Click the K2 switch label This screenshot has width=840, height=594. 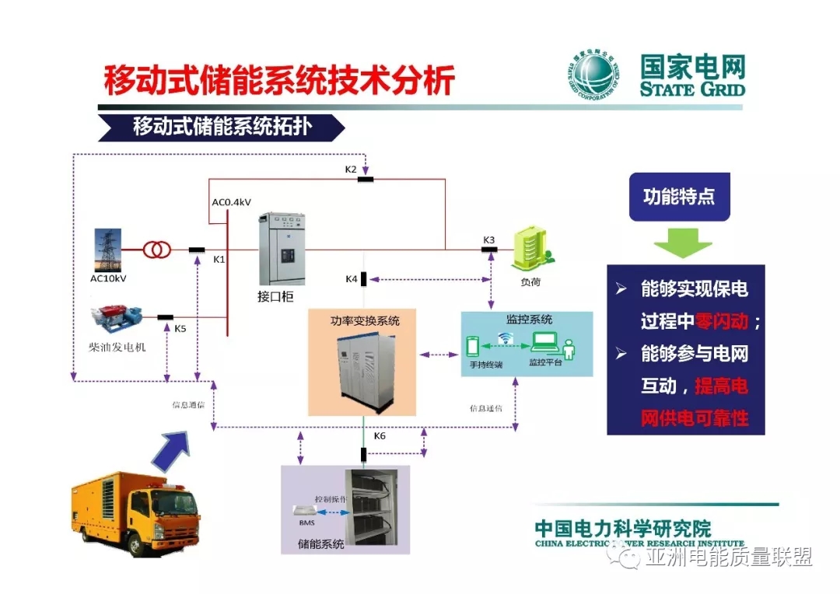(351, 169)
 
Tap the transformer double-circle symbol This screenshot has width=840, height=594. (157, 250)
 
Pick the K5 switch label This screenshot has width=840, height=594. (180, 329)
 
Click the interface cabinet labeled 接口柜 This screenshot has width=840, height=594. (282, 249)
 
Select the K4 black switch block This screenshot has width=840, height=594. (364, 279)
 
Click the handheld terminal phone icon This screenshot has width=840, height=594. (472, 346)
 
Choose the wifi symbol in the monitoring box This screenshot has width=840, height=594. (506, 337)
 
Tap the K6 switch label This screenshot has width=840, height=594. (380, 436)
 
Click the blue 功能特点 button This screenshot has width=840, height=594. (679, 197)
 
